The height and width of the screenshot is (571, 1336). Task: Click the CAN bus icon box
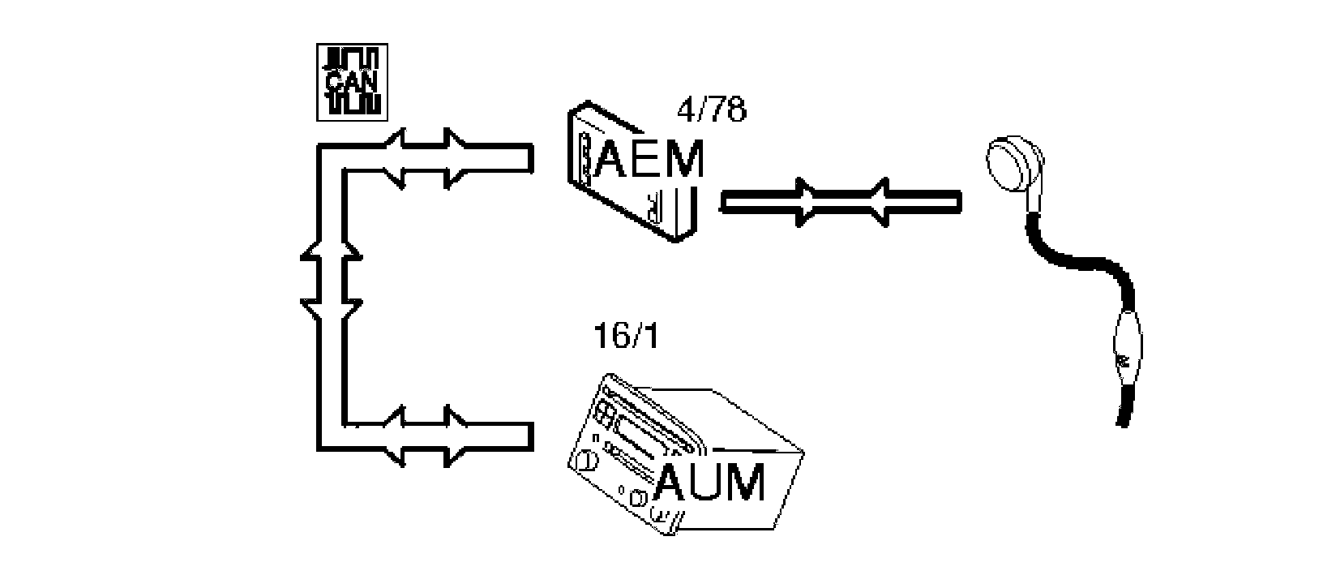pyautogui.click(x=352, y=81)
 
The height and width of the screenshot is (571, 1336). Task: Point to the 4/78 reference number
pyautogui.click(x=711, y=109)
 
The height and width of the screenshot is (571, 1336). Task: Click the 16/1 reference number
pyautogui.click(x=625, y=335)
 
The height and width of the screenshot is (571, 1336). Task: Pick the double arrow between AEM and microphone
pyautogui.click(x=841, y=200)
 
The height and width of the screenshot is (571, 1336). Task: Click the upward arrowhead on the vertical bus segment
pyautogui.click(x=331, y=256)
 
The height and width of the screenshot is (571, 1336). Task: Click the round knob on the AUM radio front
pyautogui.click(x=583, y=462)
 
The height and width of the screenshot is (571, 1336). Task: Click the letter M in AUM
pyautogui.click(x=744, y=484)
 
